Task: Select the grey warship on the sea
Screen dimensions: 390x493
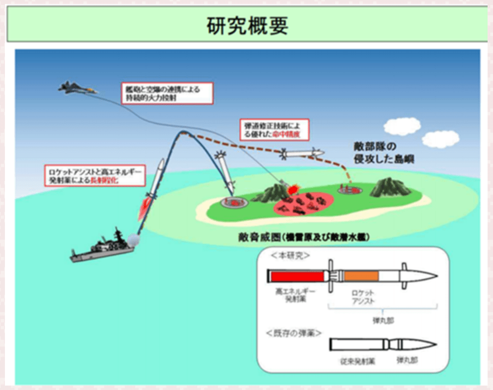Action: tap(105, 246)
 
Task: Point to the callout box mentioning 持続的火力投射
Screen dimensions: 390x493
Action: tap(167, 93)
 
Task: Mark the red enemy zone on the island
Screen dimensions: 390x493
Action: tap(304, 201)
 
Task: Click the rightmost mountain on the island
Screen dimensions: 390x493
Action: tap(390, 187)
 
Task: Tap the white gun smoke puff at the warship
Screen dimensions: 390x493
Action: tap(134, 240)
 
